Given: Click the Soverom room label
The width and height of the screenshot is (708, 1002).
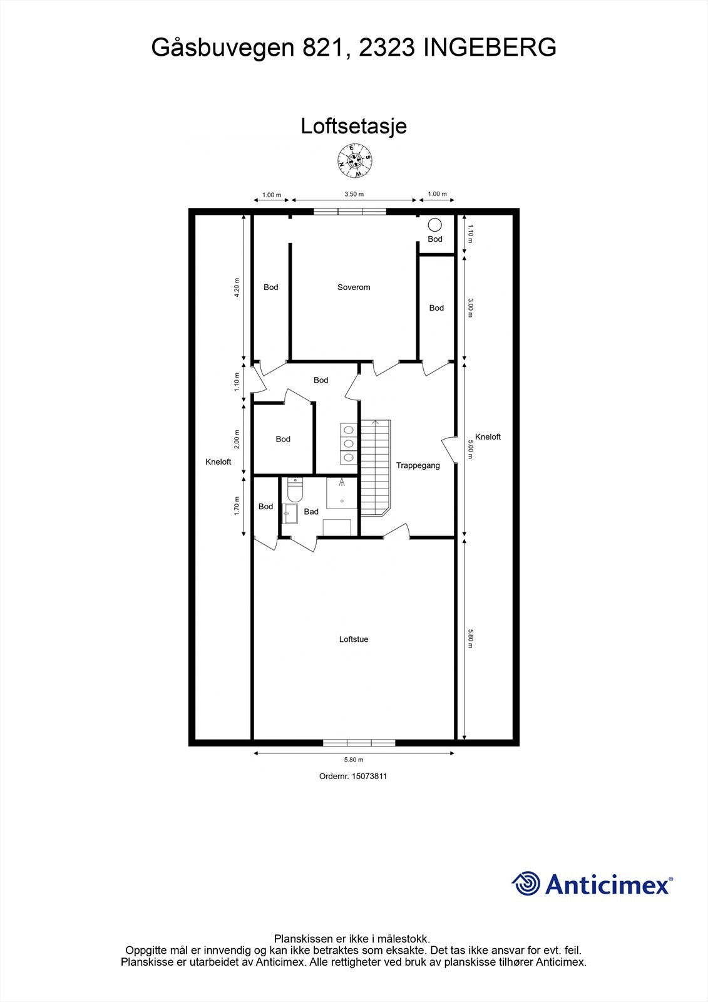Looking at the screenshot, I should click(354, 287).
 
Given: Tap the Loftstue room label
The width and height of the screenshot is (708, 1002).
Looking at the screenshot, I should click(354, 639).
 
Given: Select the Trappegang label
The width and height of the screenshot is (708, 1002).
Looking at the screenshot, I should click(418, 465).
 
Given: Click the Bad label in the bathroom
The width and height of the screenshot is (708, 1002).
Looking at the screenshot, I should click(311, 512).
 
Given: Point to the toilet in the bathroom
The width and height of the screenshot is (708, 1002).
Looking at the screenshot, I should click(293, 490).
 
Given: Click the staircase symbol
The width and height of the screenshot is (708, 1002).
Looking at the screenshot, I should click(375, 467).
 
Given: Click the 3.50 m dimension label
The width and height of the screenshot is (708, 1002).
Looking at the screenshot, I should click(354, 194).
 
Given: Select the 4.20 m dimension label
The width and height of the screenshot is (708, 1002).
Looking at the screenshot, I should click(237, 287).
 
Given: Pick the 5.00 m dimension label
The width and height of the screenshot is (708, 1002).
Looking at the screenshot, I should click(471, 448).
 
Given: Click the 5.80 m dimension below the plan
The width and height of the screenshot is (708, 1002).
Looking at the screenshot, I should click(354, 760).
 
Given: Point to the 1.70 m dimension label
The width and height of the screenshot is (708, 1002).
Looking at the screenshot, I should click(237, 506).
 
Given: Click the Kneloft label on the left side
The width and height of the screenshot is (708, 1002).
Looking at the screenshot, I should click(218, 462).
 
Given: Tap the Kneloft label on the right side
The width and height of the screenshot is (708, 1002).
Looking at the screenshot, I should click(488, 437).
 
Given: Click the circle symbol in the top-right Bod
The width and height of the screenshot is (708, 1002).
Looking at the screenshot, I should click(434, 225).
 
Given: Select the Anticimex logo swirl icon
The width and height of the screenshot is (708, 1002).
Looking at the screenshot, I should click(526, 884).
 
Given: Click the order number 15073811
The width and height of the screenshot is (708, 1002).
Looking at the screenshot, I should click(354, 776).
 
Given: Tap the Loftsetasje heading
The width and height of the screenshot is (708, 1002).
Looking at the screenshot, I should click(354, 126).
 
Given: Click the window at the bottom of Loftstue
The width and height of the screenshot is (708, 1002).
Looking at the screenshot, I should click(359, 743).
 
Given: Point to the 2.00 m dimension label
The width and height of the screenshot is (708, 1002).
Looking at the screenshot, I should click(237, 438).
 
